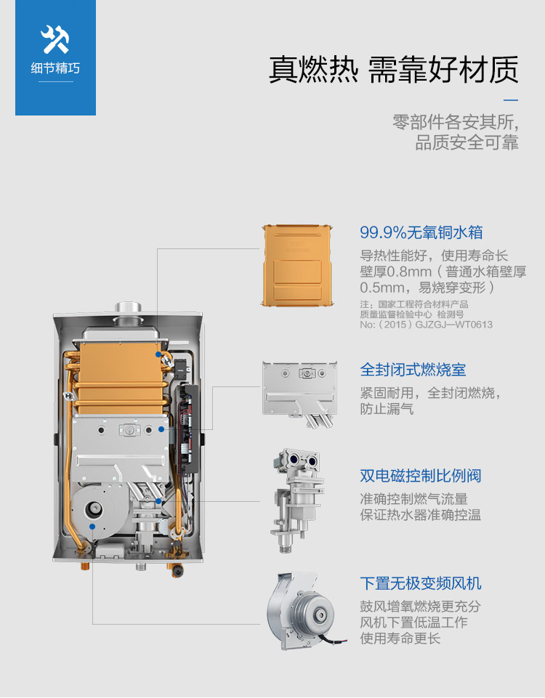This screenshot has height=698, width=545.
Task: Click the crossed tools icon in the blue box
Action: [x=55, y=38]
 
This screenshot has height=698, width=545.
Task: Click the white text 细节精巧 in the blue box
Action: [x=55, y=68]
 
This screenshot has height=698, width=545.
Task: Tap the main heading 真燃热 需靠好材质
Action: [x=394, y=70]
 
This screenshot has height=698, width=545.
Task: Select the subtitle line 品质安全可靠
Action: [x=467, y=142]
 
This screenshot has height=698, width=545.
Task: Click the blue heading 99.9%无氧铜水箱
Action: [x=421, y=232]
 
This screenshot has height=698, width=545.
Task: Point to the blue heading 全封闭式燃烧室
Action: [x=413, y=370]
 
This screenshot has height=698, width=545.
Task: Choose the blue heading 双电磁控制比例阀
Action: [x=421, y=476]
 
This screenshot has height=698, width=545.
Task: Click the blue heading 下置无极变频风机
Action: [x=421, y=583]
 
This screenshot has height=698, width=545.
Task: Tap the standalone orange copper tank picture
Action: [x=297, y=266]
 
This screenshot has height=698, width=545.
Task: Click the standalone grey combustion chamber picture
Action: [x=299, y=394]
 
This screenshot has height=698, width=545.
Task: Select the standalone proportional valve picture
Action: [x=296, y=500]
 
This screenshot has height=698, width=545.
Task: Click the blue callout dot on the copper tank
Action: [x=158, y=354]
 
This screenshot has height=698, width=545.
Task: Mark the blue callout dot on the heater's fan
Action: [x=92, y=526]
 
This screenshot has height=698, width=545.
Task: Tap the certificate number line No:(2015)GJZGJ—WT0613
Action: [x=426, y=325]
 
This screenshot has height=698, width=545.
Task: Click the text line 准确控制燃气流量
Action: [x=413, y=499]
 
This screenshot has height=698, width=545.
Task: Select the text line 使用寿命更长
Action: [x=400, y=638]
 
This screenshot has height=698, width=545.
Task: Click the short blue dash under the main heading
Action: [x=511, y=100]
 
